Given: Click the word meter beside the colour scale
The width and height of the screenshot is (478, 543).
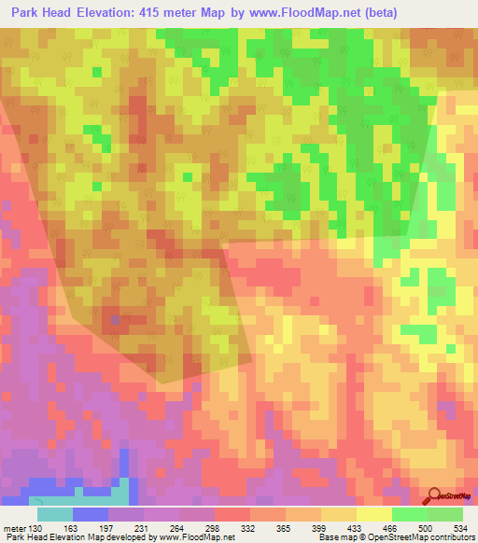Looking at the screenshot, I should pos(14,529).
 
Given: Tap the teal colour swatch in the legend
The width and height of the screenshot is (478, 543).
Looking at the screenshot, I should pos(55,514).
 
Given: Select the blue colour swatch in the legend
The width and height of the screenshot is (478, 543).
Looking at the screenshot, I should pos(91,514).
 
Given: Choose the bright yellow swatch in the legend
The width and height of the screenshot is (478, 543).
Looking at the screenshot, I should pos(373,514).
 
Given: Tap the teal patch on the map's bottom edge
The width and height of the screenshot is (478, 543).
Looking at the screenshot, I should pos(121,494).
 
